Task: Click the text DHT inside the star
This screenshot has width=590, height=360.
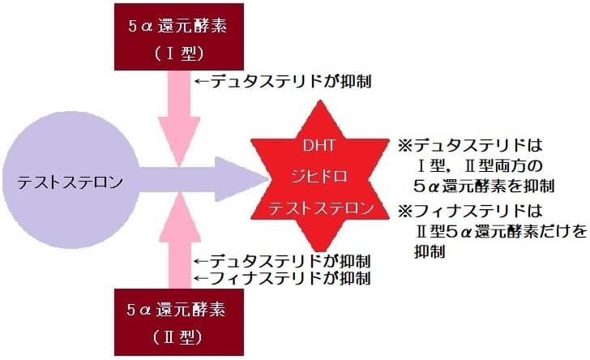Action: coord(323,148)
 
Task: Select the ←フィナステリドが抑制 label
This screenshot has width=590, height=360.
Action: coord(284,279)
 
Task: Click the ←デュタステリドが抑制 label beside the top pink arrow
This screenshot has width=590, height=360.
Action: coord(284,82)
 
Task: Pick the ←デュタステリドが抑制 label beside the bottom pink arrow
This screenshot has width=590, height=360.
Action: coord(284,262)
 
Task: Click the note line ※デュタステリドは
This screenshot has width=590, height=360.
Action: coord(468,148)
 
